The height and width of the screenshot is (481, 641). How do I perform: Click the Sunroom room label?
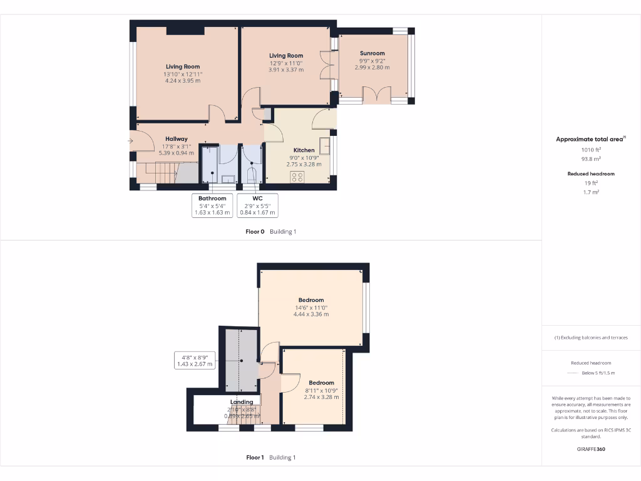tap(372, 53)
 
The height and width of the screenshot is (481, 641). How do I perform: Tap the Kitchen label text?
tap(304, 150)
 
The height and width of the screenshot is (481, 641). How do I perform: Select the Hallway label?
tap(177, 139)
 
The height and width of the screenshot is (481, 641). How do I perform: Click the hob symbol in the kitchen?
tap(297, 177)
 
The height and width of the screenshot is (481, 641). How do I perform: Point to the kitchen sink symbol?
tap(326, 146)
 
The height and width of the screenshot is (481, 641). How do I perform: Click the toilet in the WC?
tap(252, 175)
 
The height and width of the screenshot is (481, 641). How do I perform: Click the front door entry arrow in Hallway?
tap(131, 141)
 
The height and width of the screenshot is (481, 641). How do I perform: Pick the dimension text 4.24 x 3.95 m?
tap(183, 81)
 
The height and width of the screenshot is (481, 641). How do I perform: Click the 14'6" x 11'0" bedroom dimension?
tap(311, 308)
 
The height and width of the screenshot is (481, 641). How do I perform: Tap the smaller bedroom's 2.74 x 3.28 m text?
tap(321, 396)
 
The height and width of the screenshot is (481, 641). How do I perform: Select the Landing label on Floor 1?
tap(242, 402)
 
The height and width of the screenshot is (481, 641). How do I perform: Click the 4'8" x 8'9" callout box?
tap(195, 360)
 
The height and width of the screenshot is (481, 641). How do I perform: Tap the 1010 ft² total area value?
tap(591, 150)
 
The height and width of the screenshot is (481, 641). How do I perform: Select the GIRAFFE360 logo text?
tap(591, 449)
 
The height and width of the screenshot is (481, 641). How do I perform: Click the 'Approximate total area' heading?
tap(590, 139)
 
